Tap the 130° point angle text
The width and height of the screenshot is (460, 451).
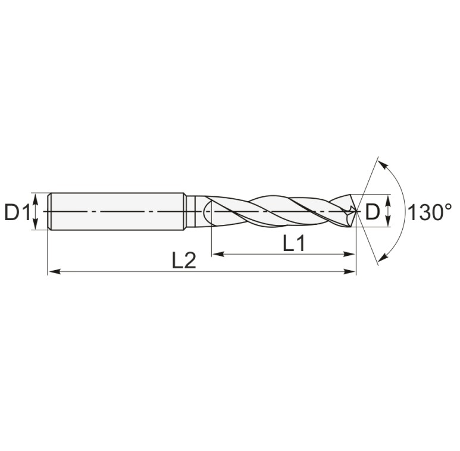click(x=430, y=212)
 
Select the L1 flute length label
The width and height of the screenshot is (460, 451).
click(x=293, y=243)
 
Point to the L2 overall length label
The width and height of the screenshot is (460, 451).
click(x=184, y=261)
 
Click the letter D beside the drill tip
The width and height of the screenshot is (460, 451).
click(x=372, y=212)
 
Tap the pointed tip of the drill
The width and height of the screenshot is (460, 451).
click(x=356, y=211)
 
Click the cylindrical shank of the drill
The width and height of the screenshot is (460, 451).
click(x=116, y=211)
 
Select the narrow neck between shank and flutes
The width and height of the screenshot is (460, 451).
click(x=190, y=211)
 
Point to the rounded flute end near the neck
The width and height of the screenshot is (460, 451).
click(x=208, y=212)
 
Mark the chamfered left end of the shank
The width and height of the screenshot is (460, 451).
click(x=49, y=211)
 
